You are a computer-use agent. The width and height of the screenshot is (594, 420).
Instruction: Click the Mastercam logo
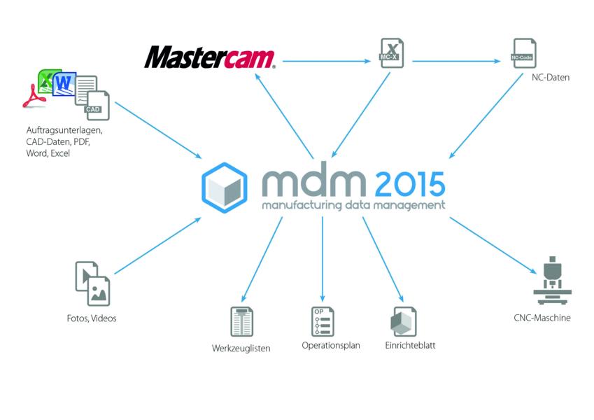209,57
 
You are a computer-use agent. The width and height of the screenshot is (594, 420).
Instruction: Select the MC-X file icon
392,53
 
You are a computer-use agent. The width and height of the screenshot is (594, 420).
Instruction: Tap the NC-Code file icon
524,53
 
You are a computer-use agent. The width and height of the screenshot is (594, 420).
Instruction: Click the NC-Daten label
551,77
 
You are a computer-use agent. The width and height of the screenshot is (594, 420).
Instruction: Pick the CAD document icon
98,106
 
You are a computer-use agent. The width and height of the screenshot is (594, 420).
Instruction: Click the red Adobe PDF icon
34,97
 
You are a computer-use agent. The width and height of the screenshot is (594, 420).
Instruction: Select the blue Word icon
64,84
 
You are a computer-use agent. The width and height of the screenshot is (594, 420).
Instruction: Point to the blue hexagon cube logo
225,188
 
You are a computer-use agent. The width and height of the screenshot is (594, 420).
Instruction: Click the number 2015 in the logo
409,184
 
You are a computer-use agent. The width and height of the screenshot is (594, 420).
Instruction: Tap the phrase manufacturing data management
353,206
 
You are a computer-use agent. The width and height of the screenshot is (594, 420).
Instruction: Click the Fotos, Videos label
91,318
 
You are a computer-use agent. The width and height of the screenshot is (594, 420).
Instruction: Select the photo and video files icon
93,283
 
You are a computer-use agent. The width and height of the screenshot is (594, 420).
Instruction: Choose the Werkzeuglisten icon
241,322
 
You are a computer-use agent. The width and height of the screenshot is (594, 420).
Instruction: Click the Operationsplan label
331,345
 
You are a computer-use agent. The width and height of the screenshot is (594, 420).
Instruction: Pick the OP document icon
323,321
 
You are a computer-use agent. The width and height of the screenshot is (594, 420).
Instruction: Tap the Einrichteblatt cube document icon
404,322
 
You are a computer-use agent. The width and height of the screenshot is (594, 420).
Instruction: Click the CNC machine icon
552,281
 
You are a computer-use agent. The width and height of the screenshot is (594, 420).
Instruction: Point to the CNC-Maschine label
542,318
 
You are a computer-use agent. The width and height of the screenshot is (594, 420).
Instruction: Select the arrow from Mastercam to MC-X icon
327,61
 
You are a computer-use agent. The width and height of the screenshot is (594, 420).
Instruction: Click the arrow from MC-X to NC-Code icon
456,61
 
